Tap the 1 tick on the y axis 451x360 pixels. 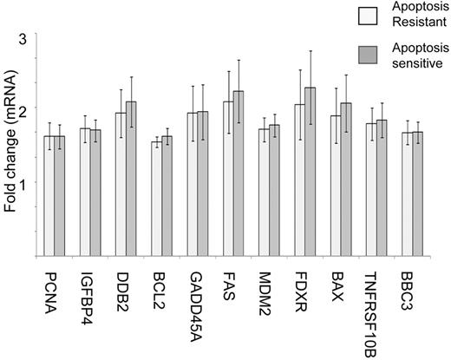tap(25, 183)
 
